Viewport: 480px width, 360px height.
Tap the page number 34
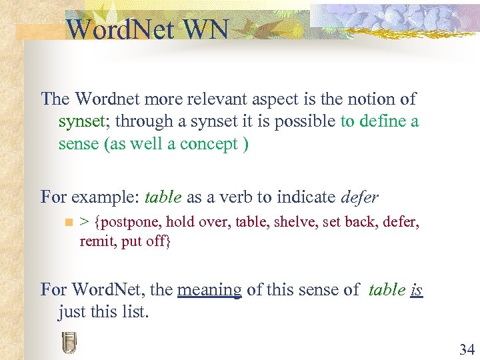pyautogui.click(x=466, y=349)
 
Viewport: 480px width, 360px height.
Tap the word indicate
pyautogui.click(x=305, y=197)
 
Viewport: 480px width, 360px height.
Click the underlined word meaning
pyautogui.click(x=209, y=289)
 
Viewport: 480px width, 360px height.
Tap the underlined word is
pyautogui.click(x=417, y=289)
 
